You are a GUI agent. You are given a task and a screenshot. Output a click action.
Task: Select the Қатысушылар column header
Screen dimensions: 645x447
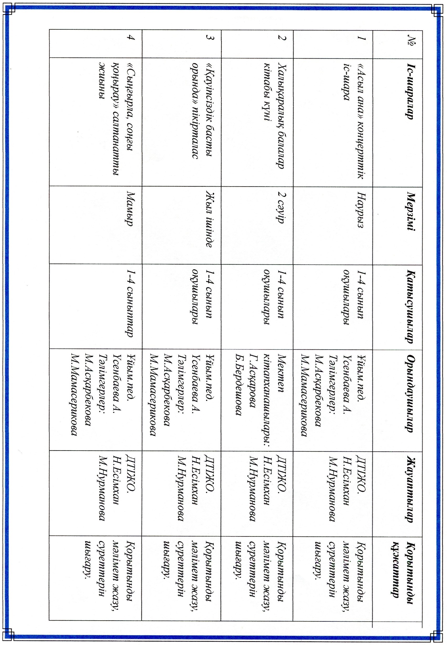[x=410, y=307]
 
